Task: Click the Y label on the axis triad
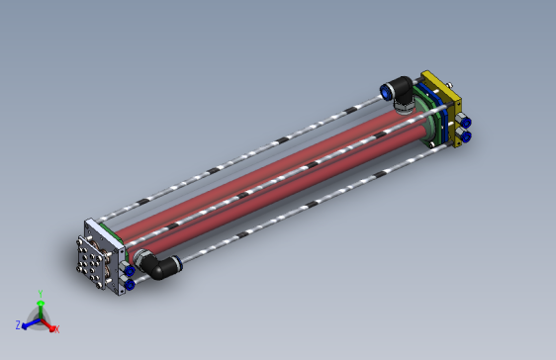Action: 40,293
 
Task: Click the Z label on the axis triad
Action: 18,323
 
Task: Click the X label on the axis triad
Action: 56,328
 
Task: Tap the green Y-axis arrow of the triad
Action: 40,305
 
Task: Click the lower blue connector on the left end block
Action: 128,284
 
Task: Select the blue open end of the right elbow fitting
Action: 385,91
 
